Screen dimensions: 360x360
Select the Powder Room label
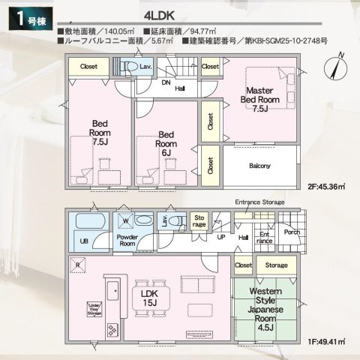coord(126,240)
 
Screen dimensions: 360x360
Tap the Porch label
coord(291,232)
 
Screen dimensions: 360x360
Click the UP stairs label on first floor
coord(220,237)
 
